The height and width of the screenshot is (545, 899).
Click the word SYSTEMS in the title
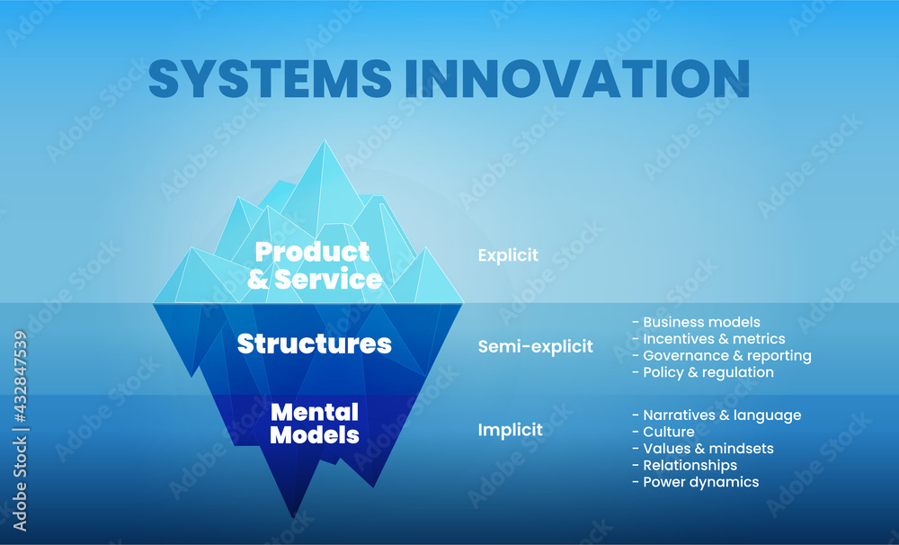tap(270, 78)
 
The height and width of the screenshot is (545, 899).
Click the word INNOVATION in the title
tap(577, 78)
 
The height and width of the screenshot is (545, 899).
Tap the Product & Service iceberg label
tap(314, 265)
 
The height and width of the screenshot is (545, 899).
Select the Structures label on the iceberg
tap(314, 344)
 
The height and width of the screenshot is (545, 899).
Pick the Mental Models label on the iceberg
tap(314, 424)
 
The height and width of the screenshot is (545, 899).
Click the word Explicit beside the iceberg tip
tap(508, 255)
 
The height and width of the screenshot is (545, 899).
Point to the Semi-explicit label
tap(536, 346)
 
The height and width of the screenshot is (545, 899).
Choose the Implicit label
tap(511, 430)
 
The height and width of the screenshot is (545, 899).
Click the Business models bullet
tap(696, 322)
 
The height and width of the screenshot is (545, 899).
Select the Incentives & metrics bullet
tap(708, 339)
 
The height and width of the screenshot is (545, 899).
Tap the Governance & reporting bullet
tap(721, 355)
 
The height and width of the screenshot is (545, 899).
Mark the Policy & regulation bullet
tap(703, 372)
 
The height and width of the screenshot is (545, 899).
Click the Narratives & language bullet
tap(717, 415)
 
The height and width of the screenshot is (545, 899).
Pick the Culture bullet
tap(663, 432)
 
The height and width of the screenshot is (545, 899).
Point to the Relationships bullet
tap(684, 465)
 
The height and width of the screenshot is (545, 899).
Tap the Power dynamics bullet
tap(696, 482)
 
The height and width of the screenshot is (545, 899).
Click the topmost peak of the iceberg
tap(324, 140)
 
